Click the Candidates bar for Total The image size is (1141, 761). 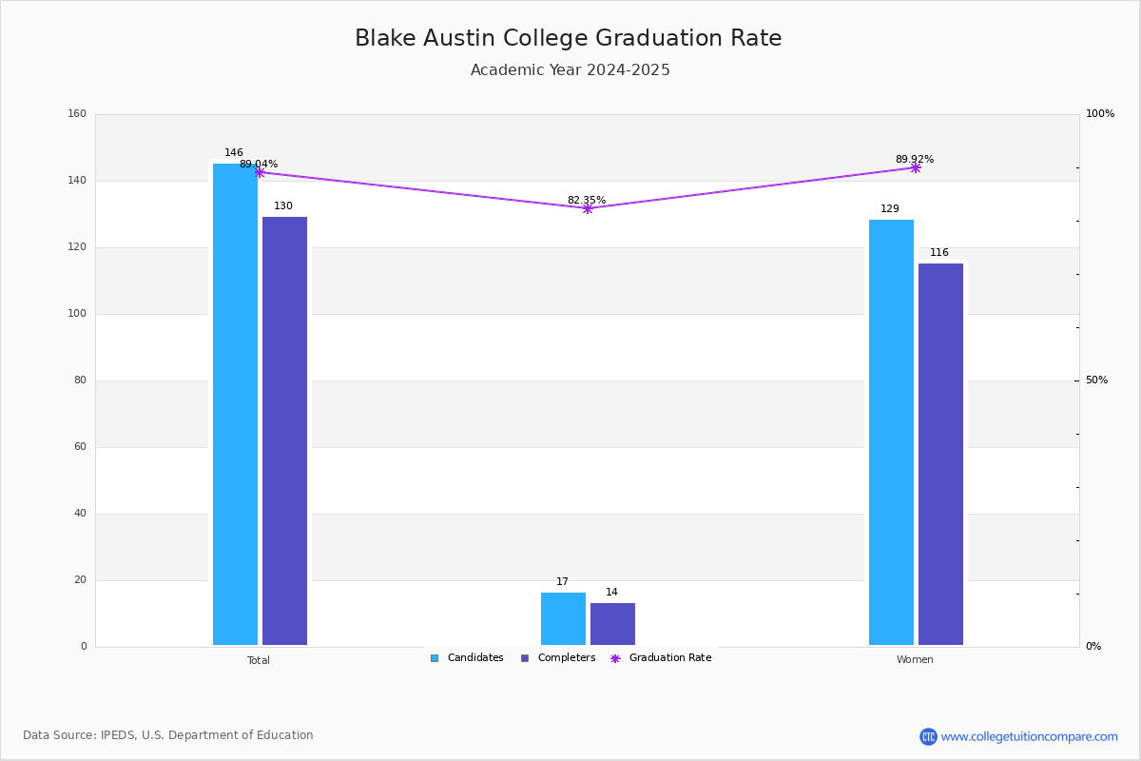(x=236, y=404)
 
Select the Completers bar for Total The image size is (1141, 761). (x=284, y=431)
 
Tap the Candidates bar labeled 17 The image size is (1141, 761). (x=563, y=619)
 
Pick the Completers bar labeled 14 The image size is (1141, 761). (x=612, y=624)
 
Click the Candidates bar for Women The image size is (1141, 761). (x=892, y=432)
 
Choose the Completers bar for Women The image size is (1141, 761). (x=940, y=454)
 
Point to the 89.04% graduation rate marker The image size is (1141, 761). (x=260, y=173)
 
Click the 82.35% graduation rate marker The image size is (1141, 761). (x=588, y=208)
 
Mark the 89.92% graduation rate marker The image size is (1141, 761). (x=916, y=167)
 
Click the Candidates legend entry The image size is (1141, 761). (x=467, y=658)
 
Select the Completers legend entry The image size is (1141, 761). (x=558, y=658)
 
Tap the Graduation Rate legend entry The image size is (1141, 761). (x=661, y=658)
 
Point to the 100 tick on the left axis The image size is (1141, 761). (x=77, y=314)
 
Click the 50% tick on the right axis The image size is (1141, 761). (x=1096, y=380)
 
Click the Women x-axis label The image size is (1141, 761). (x=915, y=659)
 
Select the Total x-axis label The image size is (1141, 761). (x=259, y=660)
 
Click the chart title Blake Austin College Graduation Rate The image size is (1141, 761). (x=568, y=38)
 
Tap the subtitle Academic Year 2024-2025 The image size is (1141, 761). (x=570, y=69)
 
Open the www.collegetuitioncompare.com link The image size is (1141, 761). (x=1029, y=736)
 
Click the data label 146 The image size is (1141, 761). (x=234, y=152)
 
